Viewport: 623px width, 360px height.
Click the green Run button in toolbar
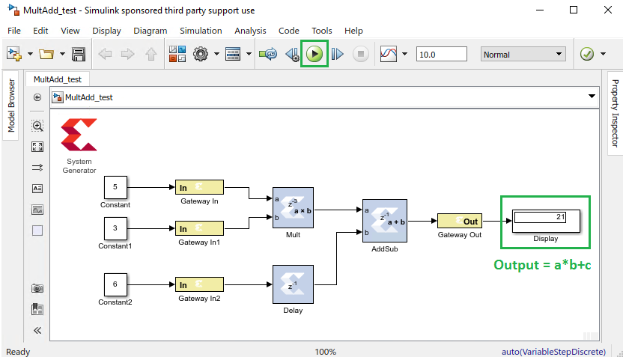click(314, 54)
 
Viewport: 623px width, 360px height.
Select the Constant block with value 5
click(115, 187)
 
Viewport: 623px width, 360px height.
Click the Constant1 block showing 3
click(115, 228)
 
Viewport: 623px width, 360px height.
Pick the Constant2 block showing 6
click(115, 284)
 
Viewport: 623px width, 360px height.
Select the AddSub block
click(383, 220)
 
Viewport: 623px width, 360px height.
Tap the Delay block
click(293, 284)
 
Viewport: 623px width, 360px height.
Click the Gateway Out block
click(459, 221)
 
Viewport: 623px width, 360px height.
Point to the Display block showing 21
click(545, 221)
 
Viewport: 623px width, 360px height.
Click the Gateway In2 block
click(199, 284)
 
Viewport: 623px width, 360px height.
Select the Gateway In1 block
click(199, 228)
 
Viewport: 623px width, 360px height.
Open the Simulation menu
click(201, 31)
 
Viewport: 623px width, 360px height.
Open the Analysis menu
click(249, 31)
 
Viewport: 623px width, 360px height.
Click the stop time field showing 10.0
click(441, 55)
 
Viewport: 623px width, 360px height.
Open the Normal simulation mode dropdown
click(523, 55)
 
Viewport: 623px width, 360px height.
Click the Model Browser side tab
click(11, 105)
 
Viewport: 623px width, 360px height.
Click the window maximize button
click(573, 10)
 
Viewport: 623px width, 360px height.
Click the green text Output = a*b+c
click(542, 265)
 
